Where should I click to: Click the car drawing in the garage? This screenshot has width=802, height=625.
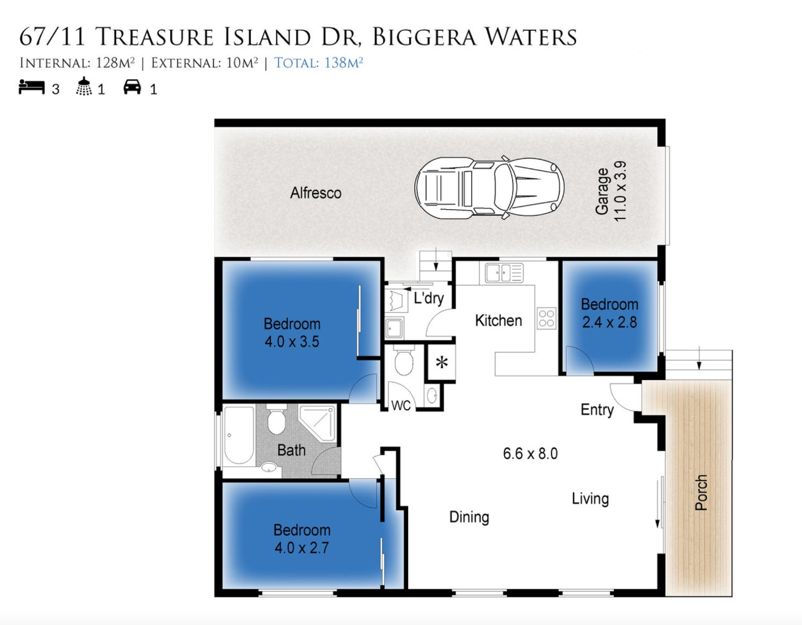pyautogui.click(x=490, y=188)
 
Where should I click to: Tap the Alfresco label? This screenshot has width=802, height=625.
pyautogui.click(x=315, y=193)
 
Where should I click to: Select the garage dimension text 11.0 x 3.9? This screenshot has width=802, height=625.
pyautogui.click(x=620, y=191)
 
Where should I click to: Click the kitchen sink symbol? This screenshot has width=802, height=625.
pyautogui.click(x=504, y=273)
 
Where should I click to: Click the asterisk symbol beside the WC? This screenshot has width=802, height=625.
pyautogui.click(x=442, y=363)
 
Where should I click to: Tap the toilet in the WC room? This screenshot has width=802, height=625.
pyautogui.click(x=404, y=360)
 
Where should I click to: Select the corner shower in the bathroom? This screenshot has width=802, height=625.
pyautogui.click(x=318, y=423)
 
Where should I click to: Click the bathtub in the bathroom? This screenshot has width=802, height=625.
pyautogui.click(x=239, y=435)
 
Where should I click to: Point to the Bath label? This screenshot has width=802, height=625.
pyautogui.click(x=291, y=450)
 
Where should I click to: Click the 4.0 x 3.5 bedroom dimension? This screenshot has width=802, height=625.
pyautogui.click(x=291, y=342)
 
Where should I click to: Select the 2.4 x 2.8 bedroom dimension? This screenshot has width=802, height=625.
pyautogui.click(x=609, y=322)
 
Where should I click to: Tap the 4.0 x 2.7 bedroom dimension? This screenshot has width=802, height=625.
pyautogui.click(x=302, y=548)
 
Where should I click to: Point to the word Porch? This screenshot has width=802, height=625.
pyautogui.click(x=701, y=492)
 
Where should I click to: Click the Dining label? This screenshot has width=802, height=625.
pyautogui.click(x=469, y=518)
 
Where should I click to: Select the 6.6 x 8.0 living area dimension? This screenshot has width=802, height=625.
pyautogui.click(x=530, y=453)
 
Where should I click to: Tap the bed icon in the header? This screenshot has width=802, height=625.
pyautogui.click(x=32, y=87)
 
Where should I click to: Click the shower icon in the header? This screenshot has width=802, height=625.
pyautogui.click(x=84, y=86)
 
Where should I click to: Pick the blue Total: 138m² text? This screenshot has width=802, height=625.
pyautogui.click(x=319, y=63)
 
